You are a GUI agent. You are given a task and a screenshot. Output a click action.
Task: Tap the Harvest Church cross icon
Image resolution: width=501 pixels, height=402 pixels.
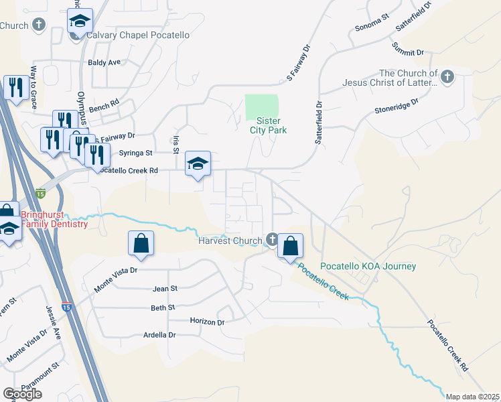click(272, 239)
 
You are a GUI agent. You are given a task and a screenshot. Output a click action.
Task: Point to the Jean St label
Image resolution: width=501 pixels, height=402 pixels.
click(164, 288)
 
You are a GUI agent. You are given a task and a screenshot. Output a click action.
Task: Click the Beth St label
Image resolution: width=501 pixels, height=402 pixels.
click(163, 308)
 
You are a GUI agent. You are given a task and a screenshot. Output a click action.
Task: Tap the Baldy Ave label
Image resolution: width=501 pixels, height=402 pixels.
click(104, 62)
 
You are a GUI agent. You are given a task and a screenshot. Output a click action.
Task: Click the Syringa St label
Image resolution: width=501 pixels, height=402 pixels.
click(132, 153)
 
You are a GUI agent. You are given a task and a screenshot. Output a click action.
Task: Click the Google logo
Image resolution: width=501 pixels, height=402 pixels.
click(22, 394)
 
